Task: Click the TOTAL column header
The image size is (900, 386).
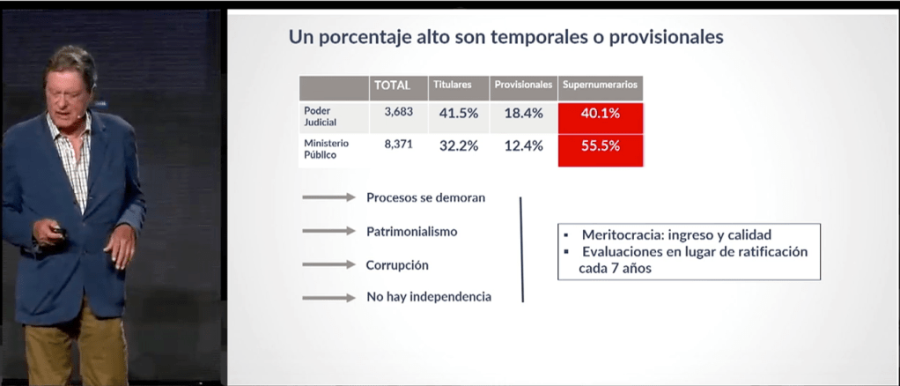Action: (393, 85)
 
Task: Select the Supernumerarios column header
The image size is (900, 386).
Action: (600, 85)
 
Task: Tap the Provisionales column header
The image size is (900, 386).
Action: (523, 85)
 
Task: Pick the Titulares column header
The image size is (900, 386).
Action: (453, 85)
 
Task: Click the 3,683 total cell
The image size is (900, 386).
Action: (398, 112)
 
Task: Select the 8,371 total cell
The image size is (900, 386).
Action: (398, 145)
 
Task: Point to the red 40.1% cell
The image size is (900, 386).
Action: (601, 118)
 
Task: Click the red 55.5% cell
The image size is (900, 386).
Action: (601, 151)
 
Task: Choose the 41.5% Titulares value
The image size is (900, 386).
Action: (459, 114)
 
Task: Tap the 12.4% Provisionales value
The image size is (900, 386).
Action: (523, 146)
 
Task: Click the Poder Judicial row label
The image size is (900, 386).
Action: (321, 116)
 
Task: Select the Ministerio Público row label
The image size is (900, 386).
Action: (326, 149)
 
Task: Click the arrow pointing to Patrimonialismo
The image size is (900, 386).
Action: (328, 231)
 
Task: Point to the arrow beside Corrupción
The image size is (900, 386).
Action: (328, 264)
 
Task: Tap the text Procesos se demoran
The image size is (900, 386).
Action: (426, 197)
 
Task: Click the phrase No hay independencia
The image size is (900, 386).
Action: (429, 297)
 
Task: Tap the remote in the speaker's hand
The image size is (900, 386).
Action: (59, 232)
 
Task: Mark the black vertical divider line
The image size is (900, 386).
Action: (521, 249)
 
